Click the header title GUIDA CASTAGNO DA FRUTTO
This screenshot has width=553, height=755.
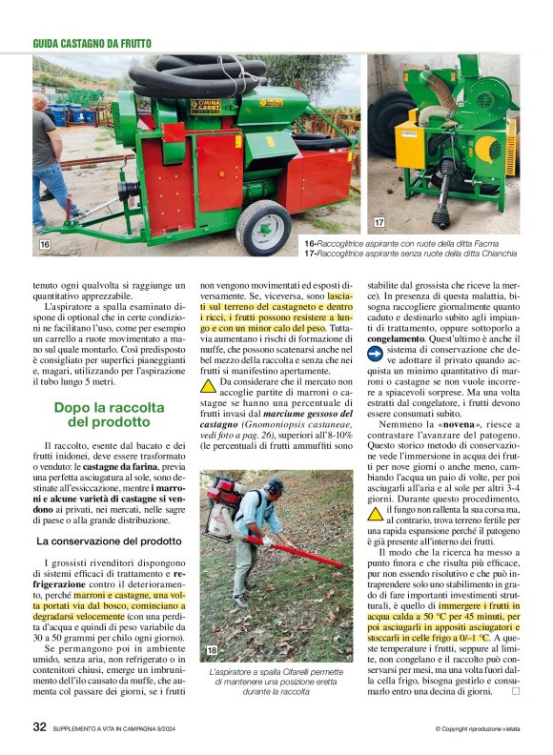coord(92,43)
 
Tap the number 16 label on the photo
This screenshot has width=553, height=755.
coord(44,245)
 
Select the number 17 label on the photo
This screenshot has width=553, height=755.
coord(379,222)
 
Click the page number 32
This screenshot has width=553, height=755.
coord(40,727)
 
